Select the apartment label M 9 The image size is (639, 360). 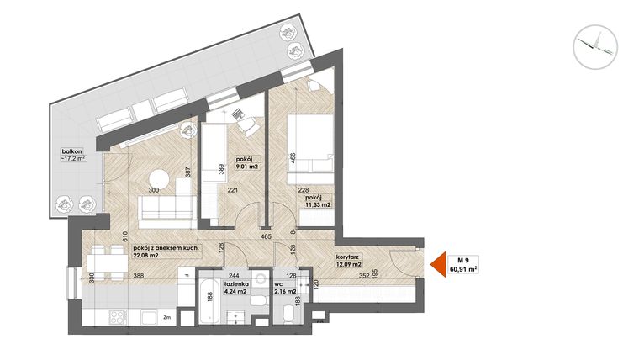462,258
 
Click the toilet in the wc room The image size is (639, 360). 288,315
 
